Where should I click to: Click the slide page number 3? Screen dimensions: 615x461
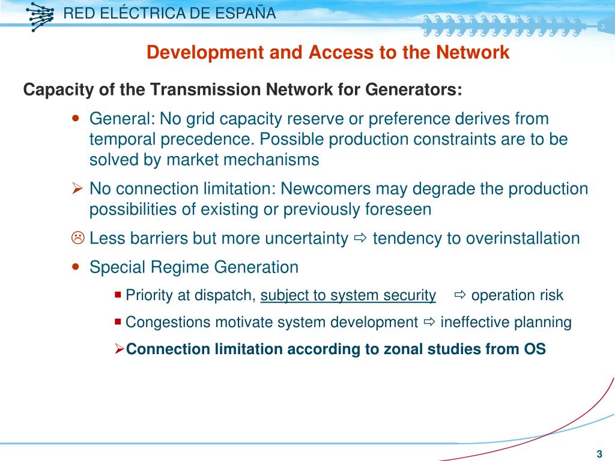(x=599, y=453)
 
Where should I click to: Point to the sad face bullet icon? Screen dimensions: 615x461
(x=77, y=238)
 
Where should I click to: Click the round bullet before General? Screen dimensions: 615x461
(x=76, y=118)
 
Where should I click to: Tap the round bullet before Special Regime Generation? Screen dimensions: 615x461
(x=76, y=267)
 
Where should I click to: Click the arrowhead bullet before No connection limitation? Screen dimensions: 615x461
(x=77, y=189)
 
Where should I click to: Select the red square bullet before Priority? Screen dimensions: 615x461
(x=117, y=294)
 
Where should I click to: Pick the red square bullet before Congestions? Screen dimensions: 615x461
(x=117, y=321)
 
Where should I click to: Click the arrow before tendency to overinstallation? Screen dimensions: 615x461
(x=360, y=239)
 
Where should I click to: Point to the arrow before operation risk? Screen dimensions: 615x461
(x=460, y=295)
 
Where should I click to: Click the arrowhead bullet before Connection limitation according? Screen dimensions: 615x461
(x=120, y=349)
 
